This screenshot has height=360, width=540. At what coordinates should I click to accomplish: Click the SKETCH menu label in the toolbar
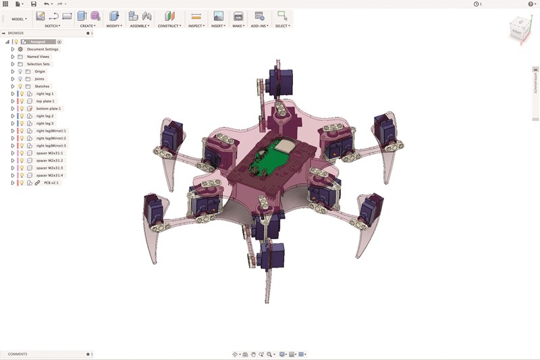(x=52, y=26)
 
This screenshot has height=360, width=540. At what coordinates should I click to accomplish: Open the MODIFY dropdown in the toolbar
(x=113, y=26)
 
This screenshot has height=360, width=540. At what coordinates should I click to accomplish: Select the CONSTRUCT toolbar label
(x=169, y=26)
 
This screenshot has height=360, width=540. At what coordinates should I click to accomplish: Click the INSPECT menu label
(x=196, y=26)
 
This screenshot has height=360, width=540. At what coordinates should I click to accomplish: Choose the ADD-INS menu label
(x=259, y=26)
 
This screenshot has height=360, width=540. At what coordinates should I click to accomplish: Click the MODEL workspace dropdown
(x=19, y=19)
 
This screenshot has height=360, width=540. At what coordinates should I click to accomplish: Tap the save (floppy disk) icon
(x=34, y=4)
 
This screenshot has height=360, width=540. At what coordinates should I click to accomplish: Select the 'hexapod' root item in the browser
(x=38, y=42)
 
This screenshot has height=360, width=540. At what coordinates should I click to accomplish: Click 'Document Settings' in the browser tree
(x=43, y=49)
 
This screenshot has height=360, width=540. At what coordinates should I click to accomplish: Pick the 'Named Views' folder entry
(x=38, y=57)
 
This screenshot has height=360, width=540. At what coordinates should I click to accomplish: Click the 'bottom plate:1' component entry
(x=49, y=109)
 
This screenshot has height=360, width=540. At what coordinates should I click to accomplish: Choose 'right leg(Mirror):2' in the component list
(x=52, y=138)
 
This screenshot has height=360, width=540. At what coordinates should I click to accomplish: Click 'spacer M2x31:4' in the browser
(x=49, y=176)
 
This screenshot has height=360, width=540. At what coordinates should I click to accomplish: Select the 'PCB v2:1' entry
(x=51, y=183)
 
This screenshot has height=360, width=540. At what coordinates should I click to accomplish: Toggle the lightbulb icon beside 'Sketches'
(x=20, y=86)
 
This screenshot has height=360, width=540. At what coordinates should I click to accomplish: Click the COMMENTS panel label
(x=18, y=354)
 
